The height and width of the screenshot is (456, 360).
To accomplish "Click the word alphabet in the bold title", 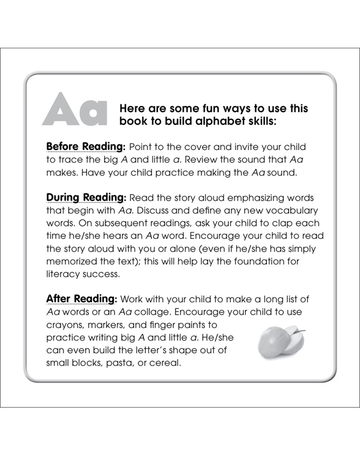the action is [x=202, y=121].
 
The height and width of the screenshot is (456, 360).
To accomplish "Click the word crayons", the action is [x=66, y=325].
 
